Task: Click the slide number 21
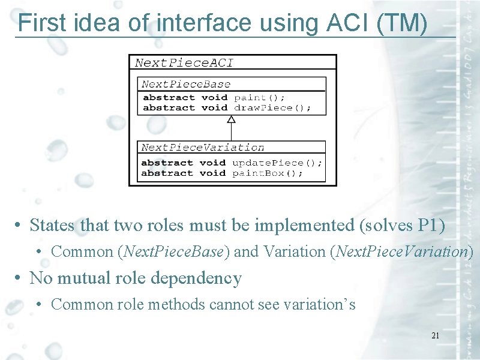pos(435,335)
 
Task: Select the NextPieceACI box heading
pos(184,62)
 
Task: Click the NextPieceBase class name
pos(185,85)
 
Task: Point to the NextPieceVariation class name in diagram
pos(202,148)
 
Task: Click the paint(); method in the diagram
pos(259,97)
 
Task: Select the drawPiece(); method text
pos(272,108)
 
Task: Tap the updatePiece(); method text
pos(277,163)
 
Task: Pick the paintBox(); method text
pos(267,173)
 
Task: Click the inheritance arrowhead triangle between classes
pos(231,119)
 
